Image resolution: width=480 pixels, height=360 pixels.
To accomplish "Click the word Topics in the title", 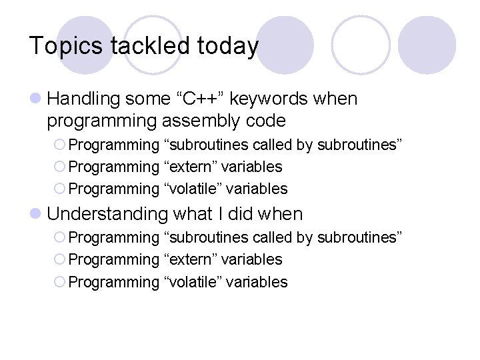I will click(65, 46).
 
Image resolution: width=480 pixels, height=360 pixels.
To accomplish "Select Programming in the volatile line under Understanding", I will click(113, 282).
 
